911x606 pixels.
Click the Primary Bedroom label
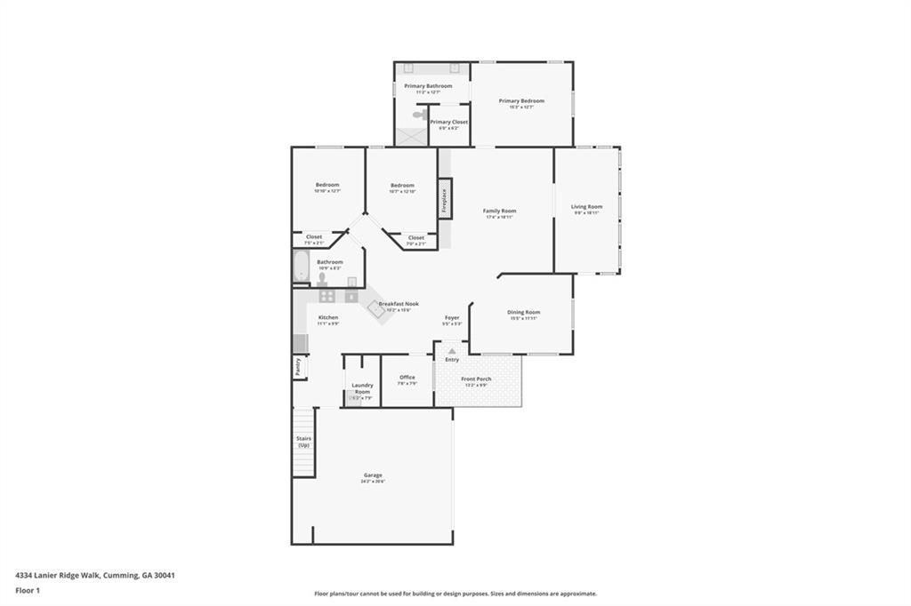521,101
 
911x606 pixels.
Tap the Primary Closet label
448,123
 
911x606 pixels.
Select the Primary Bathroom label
428,86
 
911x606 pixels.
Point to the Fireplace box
445,198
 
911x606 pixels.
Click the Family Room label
499,211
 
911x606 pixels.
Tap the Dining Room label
523,313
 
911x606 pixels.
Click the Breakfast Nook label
399,304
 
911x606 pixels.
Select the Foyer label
452,317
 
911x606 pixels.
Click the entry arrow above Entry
452,352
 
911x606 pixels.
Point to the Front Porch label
476,379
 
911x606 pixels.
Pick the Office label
407,378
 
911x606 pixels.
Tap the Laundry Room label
362,388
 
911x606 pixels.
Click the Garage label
373,475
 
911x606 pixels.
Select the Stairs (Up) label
303,442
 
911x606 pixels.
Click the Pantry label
298,368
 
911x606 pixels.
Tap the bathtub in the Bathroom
301,267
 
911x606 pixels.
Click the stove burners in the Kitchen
327,296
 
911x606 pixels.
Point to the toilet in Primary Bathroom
419,115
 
